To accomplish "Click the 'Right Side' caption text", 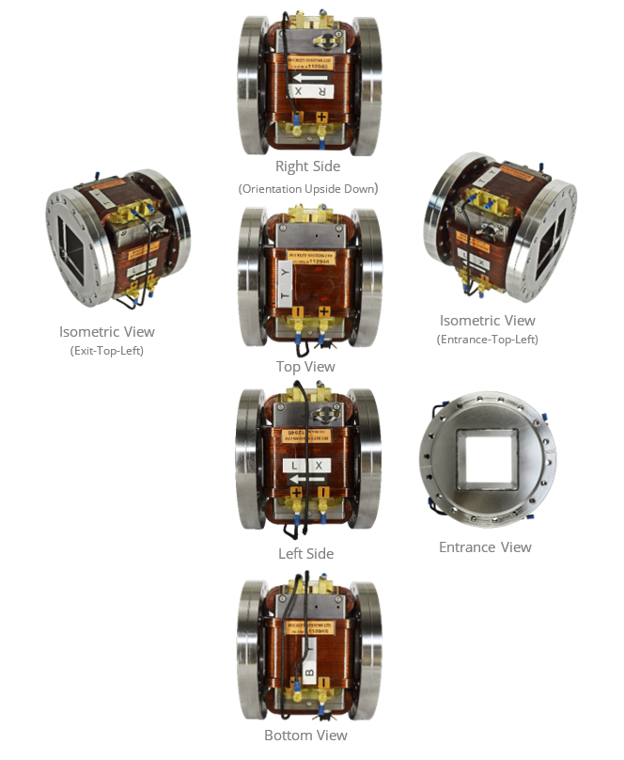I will click(x=307, y=166).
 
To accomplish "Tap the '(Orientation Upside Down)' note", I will click(x=307, y=189).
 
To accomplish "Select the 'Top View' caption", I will click(x=305, y=367).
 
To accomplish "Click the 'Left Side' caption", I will click(x=305, y=554).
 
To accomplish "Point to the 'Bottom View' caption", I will click(x=305, y=736).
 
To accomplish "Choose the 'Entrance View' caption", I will click(x=485, y=547).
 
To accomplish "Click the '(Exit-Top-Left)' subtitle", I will click(x=106, y=351).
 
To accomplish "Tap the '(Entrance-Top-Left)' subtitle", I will click(x=487, y=340).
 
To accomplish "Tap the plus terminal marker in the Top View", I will click(x=323, y=310).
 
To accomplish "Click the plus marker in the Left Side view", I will click(x=296, y=492).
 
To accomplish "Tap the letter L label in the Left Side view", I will click(x=294, y=466).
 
